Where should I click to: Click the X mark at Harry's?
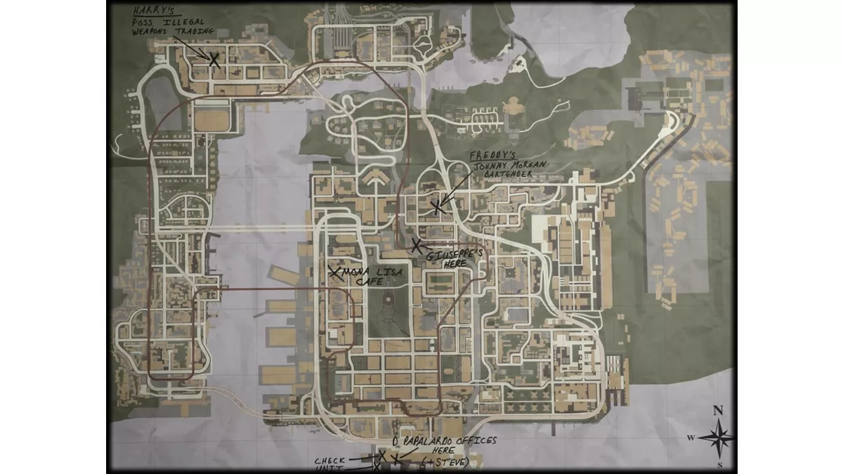214,60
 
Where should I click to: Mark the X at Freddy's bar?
438,206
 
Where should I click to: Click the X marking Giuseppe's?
417,245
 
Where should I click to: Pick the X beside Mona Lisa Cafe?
335,272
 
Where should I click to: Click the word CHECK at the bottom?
329,460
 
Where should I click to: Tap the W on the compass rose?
691,438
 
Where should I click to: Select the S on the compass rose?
719,465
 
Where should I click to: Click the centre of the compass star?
717,437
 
